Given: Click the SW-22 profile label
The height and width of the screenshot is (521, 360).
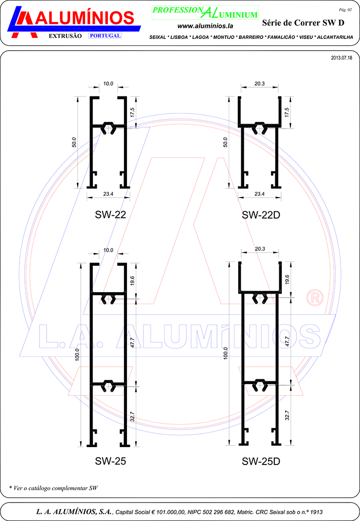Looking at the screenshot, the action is point(110,215).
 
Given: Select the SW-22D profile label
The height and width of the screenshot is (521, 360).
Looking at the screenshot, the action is point(261,215).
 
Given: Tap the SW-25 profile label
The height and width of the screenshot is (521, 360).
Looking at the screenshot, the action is point(110,461).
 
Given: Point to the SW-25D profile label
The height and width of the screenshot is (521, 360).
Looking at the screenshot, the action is point(261,461).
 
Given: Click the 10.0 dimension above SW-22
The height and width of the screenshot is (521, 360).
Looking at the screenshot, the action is point(108,84).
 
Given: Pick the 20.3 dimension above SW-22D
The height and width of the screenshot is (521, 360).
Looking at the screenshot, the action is point(260,84).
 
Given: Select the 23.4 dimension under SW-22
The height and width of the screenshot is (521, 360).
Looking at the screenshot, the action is point(108,194).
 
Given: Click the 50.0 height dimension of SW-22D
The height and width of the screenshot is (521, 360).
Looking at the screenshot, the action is point(226,142).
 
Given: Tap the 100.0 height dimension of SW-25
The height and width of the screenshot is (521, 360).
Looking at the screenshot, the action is point(77,354).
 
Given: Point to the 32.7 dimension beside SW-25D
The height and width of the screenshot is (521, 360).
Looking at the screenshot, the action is point(287,415).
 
